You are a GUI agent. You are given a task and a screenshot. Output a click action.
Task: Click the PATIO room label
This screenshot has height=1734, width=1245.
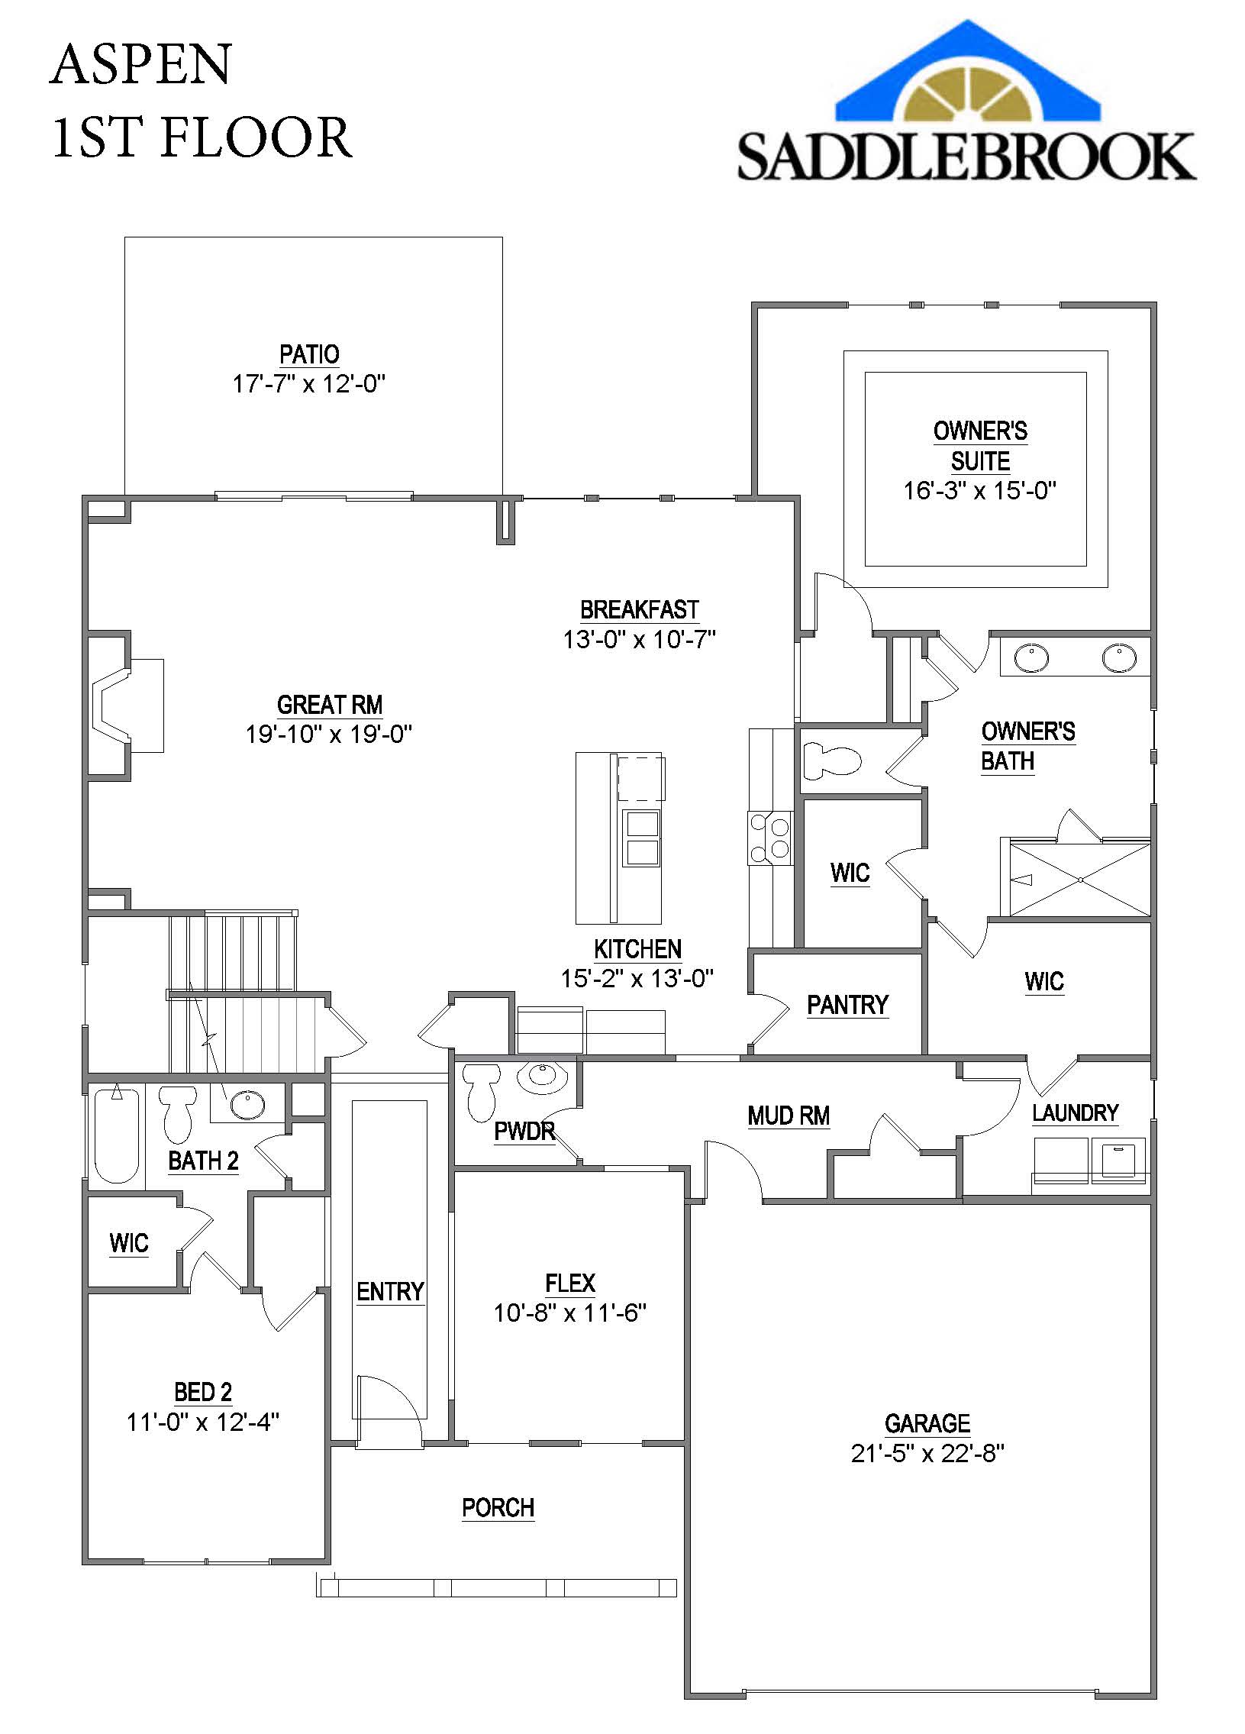(x=309, y=355)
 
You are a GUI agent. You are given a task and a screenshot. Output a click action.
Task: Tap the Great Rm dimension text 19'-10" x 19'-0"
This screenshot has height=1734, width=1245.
(x=329, y=734)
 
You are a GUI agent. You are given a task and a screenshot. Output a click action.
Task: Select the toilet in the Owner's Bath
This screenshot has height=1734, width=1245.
(x=831, y=760)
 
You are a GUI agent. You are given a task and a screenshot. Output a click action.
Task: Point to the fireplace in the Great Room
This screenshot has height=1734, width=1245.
(x=127, y=705)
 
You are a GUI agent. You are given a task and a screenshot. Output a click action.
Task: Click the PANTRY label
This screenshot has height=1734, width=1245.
(x=847, y=1005)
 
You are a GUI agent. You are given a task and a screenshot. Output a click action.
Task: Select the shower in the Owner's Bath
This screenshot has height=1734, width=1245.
(x=1080, y=880)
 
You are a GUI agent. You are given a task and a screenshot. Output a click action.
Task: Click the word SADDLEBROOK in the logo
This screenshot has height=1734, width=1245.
(x=967, y=157)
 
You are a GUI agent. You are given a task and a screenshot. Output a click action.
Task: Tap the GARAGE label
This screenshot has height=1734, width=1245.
(x=927, y=1423)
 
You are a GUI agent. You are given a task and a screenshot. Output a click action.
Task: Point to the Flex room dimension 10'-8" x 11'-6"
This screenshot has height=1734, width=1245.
(x=570, y=1313)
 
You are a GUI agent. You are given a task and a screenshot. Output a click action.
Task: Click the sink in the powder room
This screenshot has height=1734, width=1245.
(x=543, y=1078)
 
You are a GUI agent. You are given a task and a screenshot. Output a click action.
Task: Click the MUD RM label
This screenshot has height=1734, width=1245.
(x=789, y=1116)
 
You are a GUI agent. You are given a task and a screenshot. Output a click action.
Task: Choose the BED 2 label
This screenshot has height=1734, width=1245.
(x=203, y=1392)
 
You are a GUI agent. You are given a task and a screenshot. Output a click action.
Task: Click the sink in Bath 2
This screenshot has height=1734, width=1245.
(x=247, y=1104)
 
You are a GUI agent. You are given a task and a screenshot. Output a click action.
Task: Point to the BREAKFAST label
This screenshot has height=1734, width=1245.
(x=640, y=610)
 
